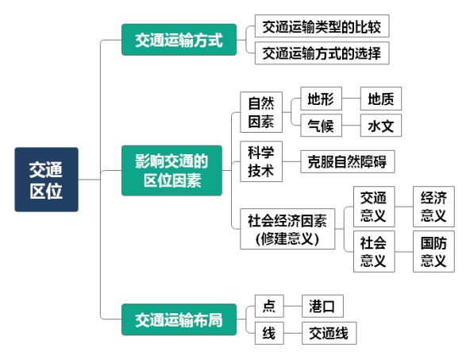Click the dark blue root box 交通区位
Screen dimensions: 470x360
click(47, 180)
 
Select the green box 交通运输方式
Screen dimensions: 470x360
click(179, 40)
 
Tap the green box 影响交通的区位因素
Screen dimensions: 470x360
click(171, 170)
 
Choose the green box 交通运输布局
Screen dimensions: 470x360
click(179, 319)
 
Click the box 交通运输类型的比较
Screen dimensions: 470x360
click(322, 26)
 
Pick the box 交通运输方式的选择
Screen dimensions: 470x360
click(322, 53)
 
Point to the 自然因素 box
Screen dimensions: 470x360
click(261, 112)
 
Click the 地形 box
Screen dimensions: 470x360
click(321, 99)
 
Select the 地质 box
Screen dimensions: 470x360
click(381, 99)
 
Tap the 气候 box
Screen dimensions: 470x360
click(321, 125)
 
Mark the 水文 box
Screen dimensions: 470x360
click(381, 125)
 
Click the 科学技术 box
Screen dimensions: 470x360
click(261, 161)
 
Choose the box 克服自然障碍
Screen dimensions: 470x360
click(348, 161)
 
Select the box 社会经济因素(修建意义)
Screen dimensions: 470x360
click(287, 229)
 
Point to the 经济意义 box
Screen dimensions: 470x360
click(433, 207)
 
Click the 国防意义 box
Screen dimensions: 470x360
click(433, 251)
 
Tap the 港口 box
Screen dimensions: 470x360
click(322, 306)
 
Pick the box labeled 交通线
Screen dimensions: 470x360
click(329, 333)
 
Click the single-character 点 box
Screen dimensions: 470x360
click(269, 306)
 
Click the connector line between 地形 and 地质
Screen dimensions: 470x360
click(351, 99)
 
